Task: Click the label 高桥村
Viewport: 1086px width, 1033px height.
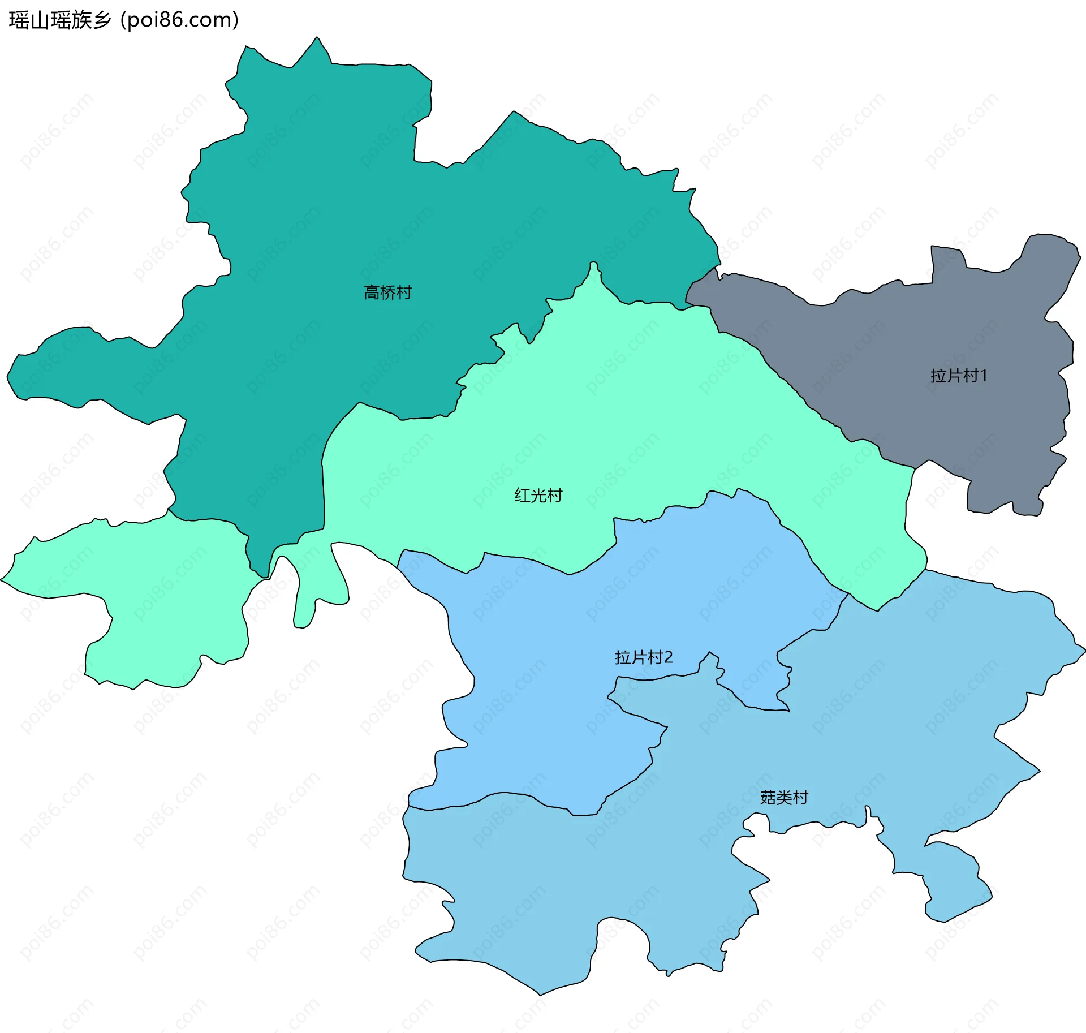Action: tap(387, 292)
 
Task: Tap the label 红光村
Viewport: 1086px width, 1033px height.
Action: tap(538, 496)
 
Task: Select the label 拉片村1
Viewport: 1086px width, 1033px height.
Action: tap(959, 376)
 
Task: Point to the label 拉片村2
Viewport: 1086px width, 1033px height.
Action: tap(644, 657)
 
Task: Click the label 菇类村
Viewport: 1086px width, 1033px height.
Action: tap(784, 798)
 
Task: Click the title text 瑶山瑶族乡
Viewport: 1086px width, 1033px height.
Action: tap(60, 20)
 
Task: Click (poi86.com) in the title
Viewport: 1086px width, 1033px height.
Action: tap(180, 20)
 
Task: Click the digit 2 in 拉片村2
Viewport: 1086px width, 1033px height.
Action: tap(668, 657)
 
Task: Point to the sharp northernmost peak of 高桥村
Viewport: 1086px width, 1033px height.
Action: tap(317, 38)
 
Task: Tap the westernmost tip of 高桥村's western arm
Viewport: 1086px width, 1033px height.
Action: tap(8, 375)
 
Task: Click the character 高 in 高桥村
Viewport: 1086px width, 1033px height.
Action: tap(371, 292)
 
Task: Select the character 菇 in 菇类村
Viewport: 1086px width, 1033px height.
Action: tap(768, 798)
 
